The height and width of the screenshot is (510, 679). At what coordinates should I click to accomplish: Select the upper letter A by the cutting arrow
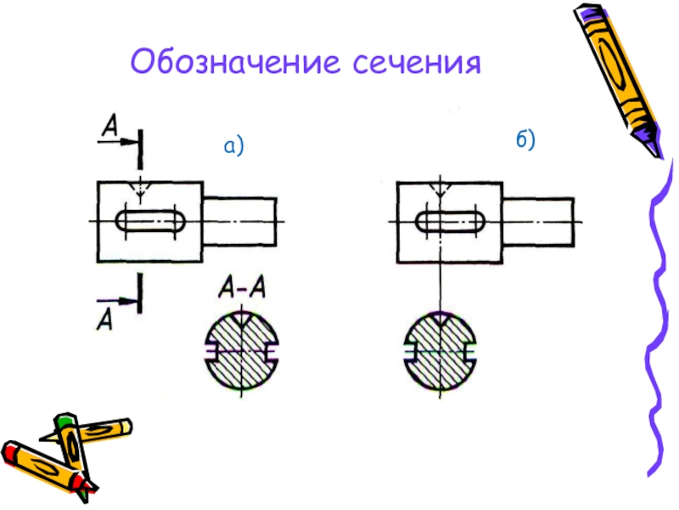(109, 127)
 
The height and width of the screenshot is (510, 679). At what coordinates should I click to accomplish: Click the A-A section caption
(243, 290)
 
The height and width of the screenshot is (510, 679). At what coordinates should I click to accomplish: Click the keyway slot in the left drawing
(151, 221)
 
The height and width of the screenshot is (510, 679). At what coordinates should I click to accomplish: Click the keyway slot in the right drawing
(450, 221)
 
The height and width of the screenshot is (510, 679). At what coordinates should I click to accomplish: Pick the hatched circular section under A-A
(242, 349)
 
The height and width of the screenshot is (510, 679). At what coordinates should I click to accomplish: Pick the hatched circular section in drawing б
(439, 349)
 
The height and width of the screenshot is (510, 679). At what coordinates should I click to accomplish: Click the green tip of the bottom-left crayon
(64, 421)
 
